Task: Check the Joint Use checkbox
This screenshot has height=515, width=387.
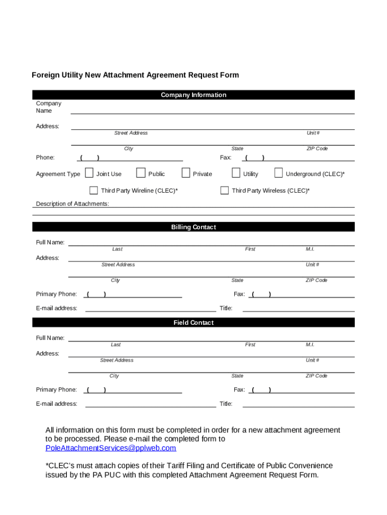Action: pyautogui.click(x=89, y=173)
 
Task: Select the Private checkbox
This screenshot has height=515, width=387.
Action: pyautogui.click(x=186, y=173)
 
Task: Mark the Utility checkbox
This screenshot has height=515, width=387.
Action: pyautogui.click(x=236, y=173)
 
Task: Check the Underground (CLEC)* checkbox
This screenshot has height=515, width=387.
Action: pyautogui.click(x=278, y=173)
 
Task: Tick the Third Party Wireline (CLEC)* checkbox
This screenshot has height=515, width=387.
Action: pyautogui.click(x=93, y=190)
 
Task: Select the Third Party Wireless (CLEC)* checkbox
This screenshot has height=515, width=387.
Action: pyautogui.click(x=224, y=190)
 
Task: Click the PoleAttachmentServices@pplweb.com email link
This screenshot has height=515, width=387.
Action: pyautogui.click(x=111, y=448)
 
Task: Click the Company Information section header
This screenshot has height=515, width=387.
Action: pyautogui.click(x=193, y=95)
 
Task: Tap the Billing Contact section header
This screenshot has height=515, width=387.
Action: pyautogui.click(x=193, y=227)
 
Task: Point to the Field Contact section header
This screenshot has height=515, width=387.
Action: pyautogui.click(x=193, y=323)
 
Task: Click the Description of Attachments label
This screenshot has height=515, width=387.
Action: pyautogui.click(x=72, y=204)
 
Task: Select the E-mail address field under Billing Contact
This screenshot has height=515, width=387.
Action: pyautogui.click(x=150, y=307)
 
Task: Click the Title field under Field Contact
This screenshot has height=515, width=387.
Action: pyautogui.click(x=299, y=403)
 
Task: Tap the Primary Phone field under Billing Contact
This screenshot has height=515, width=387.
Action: pyautogui.click(x=133, y=294)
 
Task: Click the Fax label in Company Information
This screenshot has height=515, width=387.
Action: pyautogui.click(x=226, y=158)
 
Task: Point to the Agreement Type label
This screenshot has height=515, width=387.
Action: pyautogui.click(x=58, y=174)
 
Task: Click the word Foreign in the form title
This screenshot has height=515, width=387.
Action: pyautogui.click(x=45, y=75)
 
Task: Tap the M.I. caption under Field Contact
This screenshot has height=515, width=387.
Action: pyautogui.click(x=310, y=345)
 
